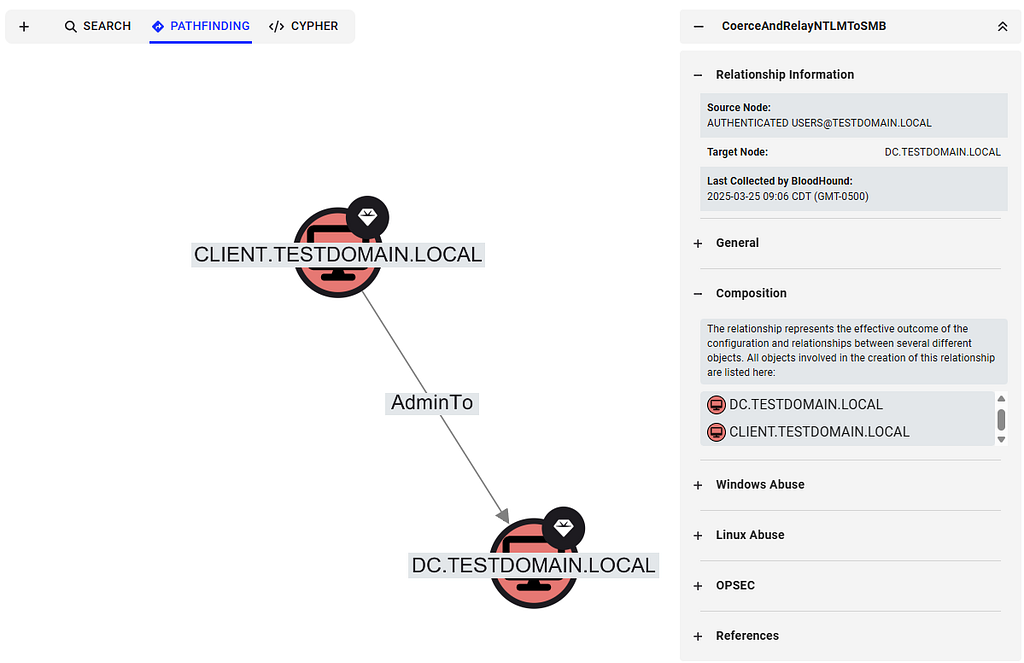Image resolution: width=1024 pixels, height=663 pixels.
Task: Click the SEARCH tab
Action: (98, 26)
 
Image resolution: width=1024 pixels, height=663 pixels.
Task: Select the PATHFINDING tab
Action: (200, 26)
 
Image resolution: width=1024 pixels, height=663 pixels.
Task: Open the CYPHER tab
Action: (304, 26)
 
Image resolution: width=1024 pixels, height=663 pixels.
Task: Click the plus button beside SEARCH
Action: (24, 27)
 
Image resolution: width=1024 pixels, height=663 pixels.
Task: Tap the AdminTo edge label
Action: (432, 402)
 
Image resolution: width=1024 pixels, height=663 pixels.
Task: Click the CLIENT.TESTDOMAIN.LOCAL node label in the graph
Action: (338, 254)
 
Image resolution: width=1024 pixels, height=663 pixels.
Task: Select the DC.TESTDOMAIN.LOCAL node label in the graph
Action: (533, 565)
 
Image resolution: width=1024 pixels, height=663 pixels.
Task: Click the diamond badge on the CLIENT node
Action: (368, 217)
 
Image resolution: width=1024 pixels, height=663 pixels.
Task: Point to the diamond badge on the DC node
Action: (564, 528)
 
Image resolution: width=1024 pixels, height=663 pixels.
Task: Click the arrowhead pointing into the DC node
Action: (503, 515)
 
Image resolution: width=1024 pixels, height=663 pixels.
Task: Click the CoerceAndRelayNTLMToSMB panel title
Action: (803, 26)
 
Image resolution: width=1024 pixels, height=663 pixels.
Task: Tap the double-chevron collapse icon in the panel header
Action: (1002, 27)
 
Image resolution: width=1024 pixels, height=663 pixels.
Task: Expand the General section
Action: (737, 243)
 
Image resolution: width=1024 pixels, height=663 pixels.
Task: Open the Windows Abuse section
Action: (760, 485)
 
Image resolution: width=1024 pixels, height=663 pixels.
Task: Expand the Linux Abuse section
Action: (750, 535)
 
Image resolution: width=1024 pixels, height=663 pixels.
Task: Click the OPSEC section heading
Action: (735, 585)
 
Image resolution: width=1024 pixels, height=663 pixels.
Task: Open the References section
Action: (747, 636)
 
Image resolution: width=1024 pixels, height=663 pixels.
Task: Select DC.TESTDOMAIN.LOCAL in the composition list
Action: (805, 404)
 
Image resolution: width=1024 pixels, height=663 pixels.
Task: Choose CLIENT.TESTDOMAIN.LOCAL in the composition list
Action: (819, 432)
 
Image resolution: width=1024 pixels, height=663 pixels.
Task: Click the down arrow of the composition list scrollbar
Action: (1001, 440)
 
